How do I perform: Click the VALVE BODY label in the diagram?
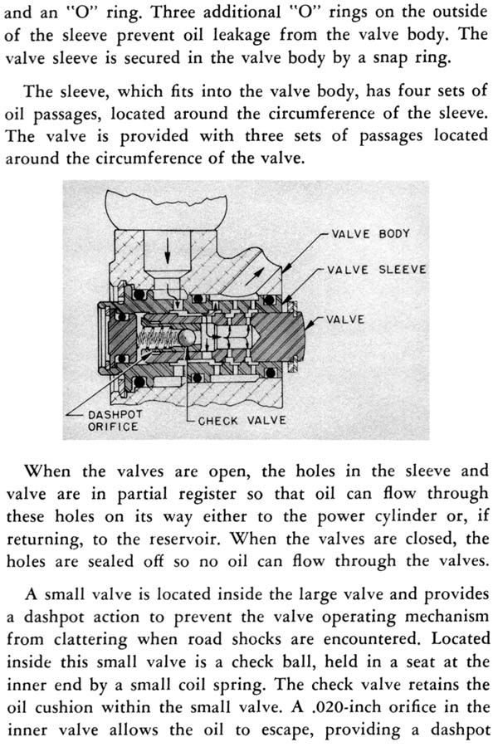point(370,234)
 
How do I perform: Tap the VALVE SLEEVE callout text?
point(376,270)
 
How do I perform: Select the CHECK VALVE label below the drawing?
point(242,421)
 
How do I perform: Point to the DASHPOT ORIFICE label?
point(115,421)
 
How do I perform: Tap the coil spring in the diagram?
point(158,339)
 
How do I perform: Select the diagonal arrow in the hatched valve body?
point(254,276)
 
